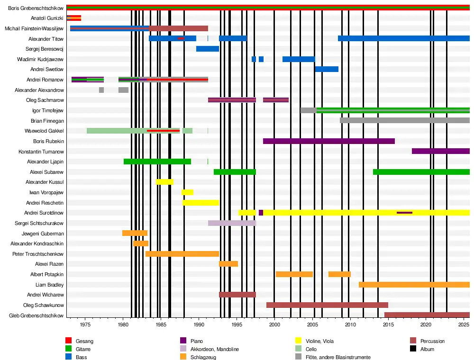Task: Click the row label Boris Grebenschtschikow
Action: click(36, 8)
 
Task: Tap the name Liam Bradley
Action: click(49, 285)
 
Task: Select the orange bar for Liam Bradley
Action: click(414, 285)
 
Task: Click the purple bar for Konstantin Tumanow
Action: click(440, 151)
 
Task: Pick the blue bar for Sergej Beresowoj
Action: click(208, 49)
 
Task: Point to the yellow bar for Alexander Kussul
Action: click(164, 182)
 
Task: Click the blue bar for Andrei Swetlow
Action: click(327, 69)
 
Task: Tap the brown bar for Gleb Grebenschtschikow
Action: click(427, 315)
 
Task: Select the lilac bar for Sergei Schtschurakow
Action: click(232, 223)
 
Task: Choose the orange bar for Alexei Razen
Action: click(228, 264)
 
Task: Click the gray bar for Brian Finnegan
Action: click(404, 120)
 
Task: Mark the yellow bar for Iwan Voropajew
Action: click(187, 192)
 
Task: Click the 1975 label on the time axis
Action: click(85, 324)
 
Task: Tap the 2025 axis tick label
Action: click(464, 324)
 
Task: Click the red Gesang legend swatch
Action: click(68, 341)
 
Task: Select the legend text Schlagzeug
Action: click(203, 357)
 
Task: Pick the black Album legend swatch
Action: click(412, 349)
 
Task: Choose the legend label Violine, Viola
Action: click(322, 341)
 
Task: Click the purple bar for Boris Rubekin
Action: click(328, 141)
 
